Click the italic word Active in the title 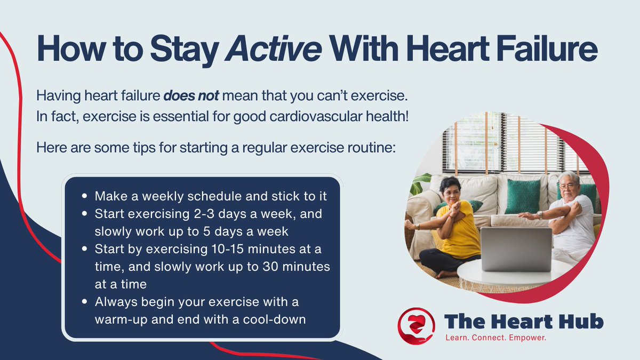click(274, 50)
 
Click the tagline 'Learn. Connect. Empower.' click(497, 338)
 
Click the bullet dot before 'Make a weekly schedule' click(85, 197)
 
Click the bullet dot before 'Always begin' click(85, 302)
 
